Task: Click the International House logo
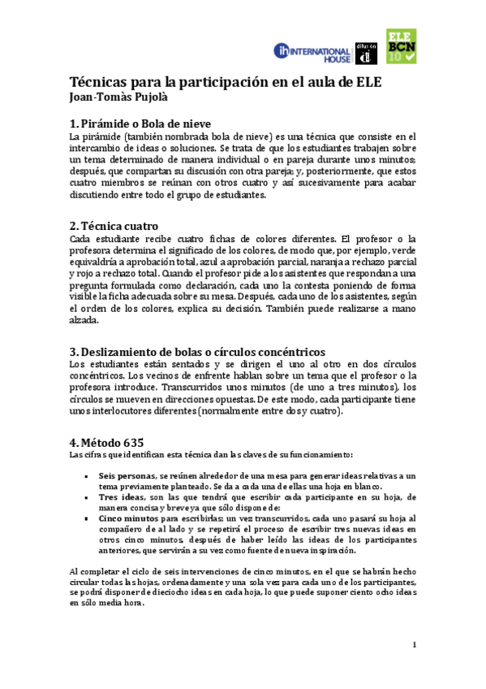tap(312, 53)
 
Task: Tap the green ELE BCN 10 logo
tap(402, 48)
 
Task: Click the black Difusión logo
tap(366, 53)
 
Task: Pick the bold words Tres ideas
tap(118, 496)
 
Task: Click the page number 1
tap(414, 645)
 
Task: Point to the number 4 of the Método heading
tap(73, 443)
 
